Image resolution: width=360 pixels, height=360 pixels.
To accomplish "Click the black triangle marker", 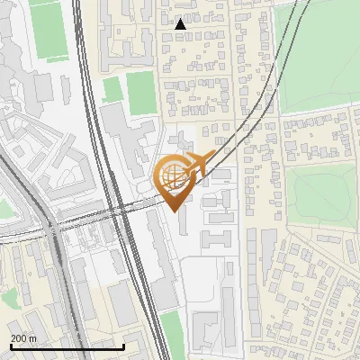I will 181,24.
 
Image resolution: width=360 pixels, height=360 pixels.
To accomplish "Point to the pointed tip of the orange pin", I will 173,210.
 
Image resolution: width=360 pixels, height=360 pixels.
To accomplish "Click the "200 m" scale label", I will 24,337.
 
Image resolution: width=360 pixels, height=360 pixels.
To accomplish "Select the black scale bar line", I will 67,346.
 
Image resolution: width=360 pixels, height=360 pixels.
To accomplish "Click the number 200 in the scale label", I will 19,337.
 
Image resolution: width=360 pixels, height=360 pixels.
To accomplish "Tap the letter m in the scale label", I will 34,337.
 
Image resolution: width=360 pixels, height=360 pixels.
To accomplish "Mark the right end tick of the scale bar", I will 123,345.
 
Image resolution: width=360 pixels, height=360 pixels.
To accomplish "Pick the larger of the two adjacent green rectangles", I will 140,92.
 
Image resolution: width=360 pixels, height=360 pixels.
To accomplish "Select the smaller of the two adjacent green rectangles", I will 112,89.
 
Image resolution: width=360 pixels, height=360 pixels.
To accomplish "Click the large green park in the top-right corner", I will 319,54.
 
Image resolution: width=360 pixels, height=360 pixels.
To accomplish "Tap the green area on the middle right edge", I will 324,193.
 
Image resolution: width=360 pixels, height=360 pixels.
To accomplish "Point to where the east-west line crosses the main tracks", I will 117,212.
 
